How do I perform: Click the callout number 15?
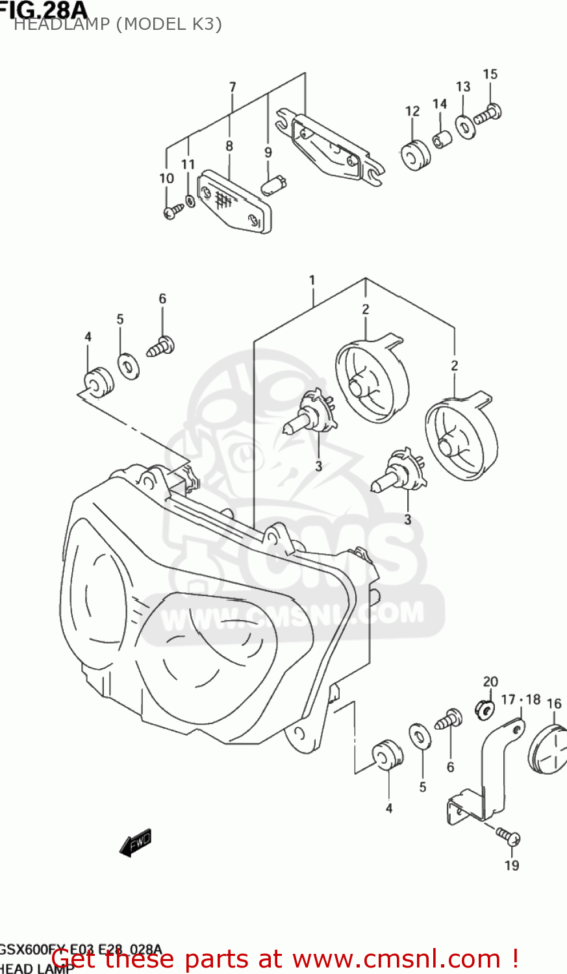(x=490, y=75)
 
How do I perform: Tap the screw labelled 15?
(x=488, y=116)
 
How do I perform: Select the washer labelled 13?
(x=465, y=126)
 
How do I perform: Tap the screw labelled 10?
(x=173, y=210)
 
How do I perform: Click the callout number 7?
(x=233, y=87)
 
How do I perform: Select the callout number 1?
(x=312, y=281)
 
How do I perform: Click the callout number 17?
(x=508, y=699)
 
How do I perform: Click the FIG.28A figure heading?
(x=42, y=9)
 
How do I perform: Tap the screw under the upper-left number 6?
(x=160, y=345)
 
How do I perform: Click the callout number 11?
(x=188, y=164)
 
